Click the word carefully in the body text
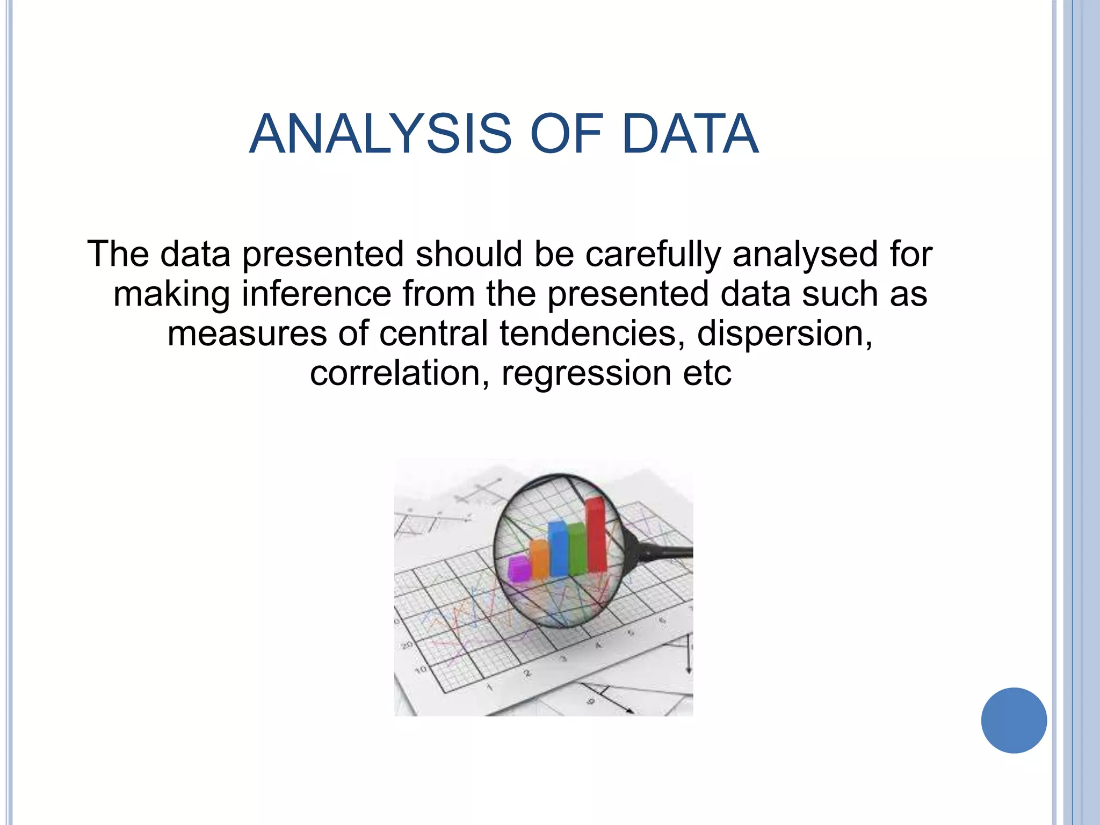pos(653,255)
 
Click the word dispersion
pos(784,334)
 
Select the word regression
pos(586,374)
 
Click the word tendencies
pos(592,334)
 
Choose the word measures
pos(247,334)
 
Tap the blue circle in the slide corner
pos(1014,720)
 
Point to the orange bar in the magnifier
pos(539,559)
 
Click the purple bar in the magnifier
pos(519,569)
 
